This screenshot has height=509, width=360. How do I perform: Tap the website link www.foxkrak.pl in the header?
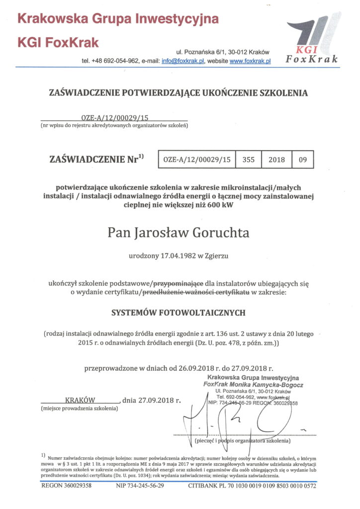(x=250, y=61)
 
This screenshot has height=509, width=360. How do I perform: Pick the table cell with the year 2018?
(x=276, y=160)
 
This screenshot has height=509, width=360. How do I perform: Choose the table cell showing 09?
(x=303, y=160)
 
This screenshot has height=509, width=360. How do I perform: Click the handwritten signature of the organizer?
(x=234, y=420)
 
